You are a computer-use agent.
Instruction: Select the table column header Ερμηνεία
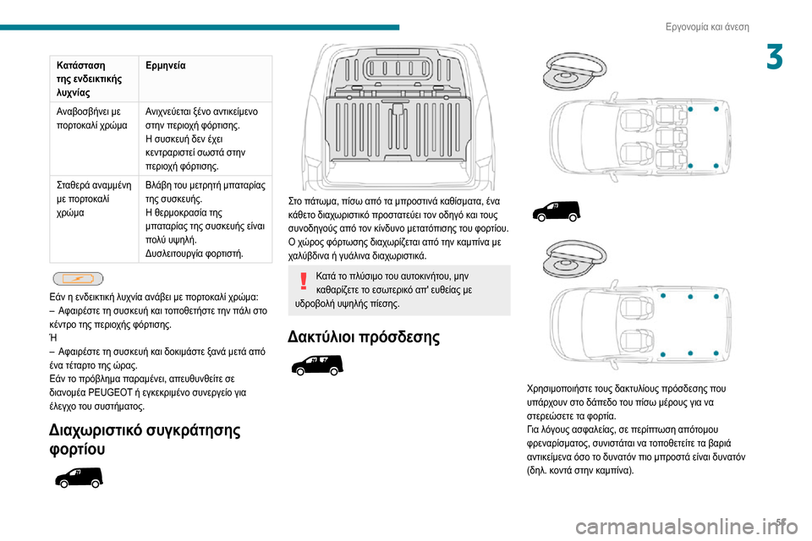[166, 66]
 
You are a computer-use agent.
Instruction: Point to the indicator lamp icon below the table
[78, 278]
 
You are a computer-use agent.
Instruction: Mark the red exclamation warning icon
[303, 281]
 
